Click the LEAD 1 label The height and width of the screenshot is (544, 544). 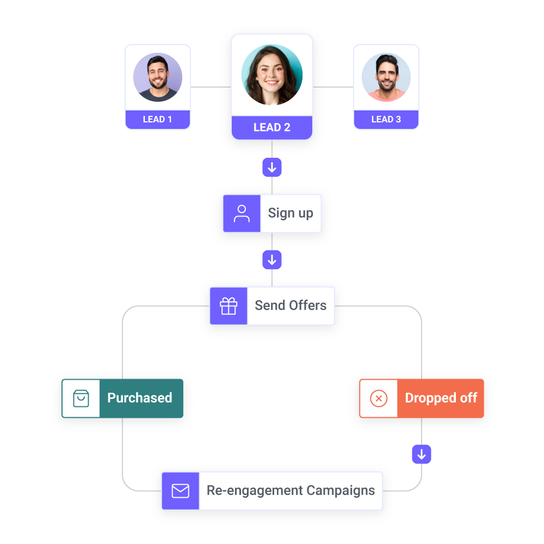click(x=158, y=120)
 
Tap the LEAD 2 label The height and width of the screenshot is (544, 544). click(x=272, y=128)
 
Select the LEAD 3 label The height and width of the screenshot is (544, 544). click(x=386, y=120)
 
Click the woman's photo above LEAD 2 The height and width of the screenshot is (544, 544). click(x=272, y=75)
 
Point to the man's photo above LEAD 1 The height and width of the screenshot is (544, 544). click(x=158, y=77)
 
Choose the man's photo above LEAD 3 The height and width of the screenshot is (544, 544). click(x=386, y=77)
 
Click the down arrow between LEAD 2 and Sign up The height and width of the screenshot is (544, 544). click(x=272, y=168)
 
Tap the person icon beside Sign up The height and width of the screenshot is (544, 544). click(x=242, y=213)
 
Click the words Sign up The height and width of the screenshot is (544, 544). click(x=290, y=213)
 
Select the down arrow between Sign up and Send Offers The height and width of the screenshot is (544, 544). click(x=272, y=260)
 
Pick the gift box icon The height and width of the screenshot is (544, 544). click(x=228, y=306)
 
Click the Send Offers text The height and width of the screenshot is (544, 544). click(x=290, y=306)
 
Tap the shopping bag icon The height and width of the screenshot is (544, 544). click(x=81, y=398)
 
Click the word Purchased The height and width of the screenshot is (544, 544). click(x=140, y=398)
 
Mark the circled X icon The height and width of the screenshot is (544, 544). click(x=379, y=398)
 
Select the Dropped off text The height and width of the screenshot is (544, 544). click(x=441, y=398)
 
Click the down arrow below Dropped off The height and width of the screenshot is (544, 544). click(x=422, y=454)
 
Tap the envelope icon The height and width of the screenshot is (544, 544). click(x=180, y=491)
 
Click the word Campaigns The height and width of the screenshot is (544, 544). click(x=341, y=491)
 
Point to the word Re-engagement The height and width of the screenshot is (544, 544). click(x=254, y=491)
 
